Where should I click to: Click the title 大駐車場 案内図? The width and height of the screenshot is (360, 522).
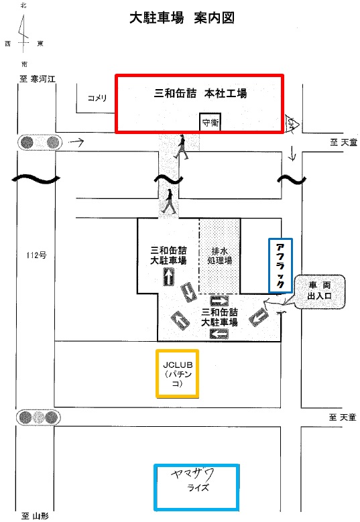[182, 18]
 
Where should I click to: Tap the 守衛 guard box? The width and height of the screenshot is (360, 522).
[210, 123]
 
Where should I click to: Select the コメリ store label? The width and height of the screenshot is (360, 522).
[97, 98]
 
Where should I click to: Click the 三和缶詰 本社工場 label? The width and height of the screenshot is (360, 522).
[200, 94]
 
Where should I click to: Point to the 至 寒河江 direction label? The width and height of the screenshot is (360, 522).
[38, 79]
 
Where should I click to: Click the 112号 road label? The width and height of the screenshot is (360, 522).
[36, 255]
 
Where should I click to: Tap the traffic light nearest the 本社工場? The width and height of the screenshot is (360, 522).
[40, 143]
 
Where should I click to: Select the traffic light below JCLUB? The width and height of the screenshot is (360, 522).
[39, 417]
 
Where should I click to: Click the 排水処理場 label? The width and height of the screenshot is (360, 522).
[219, 256]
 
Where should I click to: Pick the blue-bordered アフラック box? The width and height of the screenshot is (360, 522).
[280, 265]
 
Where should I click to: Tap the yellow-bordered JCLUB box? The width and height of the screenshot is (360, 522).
[178, 373]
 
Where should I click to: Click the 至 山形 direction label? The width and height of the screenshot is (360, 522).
[35, 517]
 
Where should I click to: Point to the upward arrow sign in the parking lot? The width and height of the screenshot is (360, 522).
[169, 277]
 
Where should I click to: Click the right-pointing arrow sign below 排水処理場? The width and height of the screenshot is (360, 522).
[219, 302]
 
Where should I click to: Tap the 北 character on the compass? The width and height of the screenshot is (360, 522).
[23, 5]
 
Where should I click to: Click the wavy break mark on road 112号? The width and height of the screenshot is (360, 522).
[36, 180]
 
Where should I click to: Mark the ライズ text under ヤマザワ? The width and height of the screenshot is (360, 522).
[198, 488]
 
